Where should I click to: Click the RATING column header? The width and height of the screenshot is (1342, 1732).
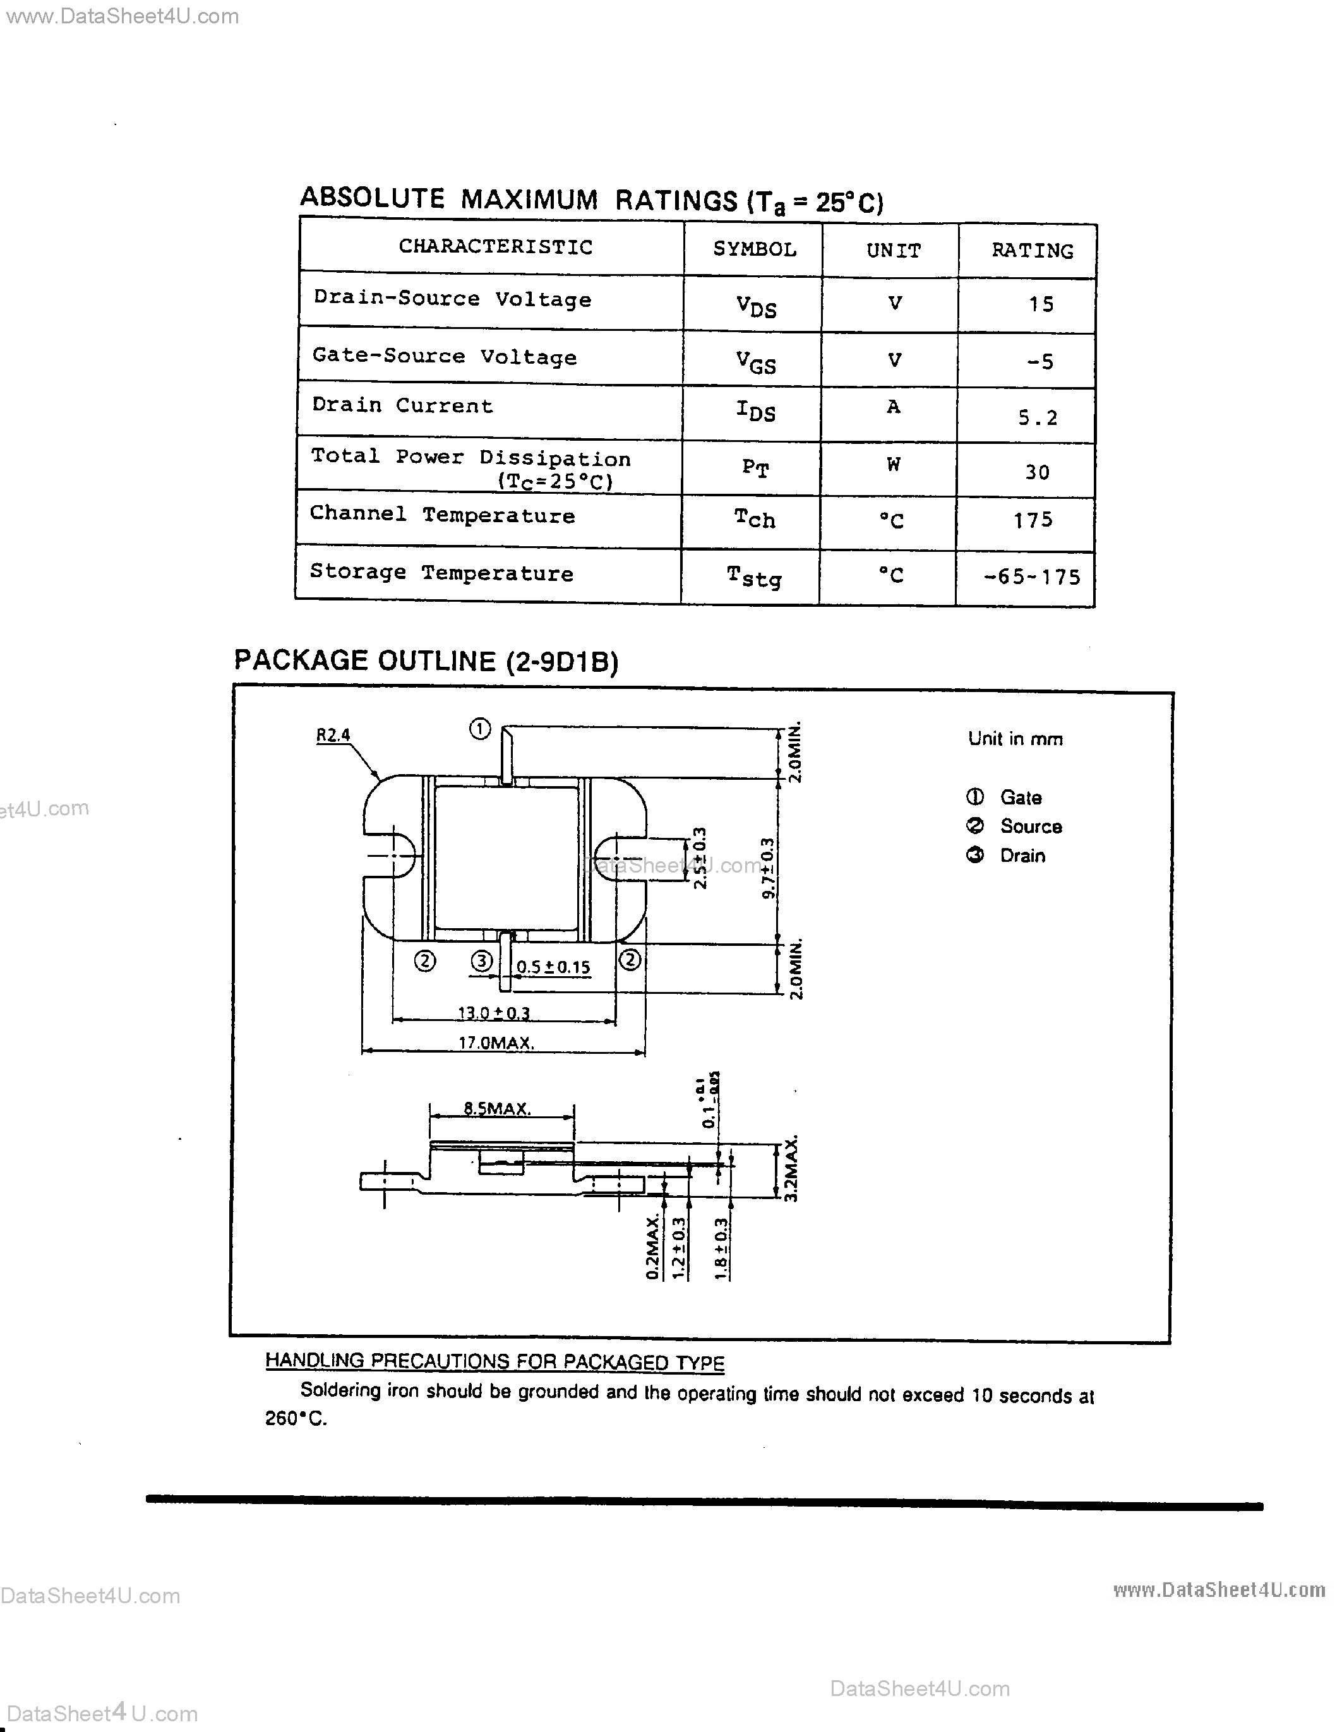(1032, 251)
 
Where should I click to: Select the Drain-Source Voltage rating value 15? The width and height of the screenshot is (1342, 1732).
(1041, 304)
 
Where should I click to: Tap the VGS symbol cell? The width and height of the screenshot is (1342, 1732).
(755, 362)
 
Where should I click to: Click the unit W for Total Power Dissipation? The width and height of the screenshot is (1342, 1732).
(893, 465)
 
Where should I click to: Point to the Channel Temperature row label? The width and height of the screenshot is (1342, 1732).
(442, 515)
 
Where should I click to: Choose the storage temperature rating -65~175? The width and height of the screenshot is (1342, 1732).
(1032, 576)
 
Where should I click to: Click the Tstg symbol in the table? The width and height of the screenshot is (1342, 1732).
(753, 576)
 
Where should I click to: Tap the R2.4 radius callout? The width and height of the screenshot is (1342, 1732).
(333, 735)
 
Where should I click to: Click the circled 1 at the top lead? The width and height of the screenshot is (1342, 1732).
(480, 728)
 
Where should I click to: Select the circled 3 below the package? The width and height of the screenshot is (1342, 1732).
(481, 962)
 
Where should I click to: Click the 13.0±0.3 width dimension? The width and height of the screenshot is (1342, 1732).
(493, 1013)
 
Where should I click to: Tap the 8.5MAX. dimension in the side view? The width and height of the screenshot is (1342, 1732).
(497, 1109)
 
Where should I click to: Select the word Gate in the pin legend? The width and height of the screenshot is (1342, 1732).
(1021, 797)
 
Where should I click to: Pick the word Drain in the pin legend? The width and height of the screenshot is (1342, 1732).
(1022, 856)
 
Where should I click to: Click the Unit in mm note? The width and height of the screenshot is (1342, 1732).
(1015, 739)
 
